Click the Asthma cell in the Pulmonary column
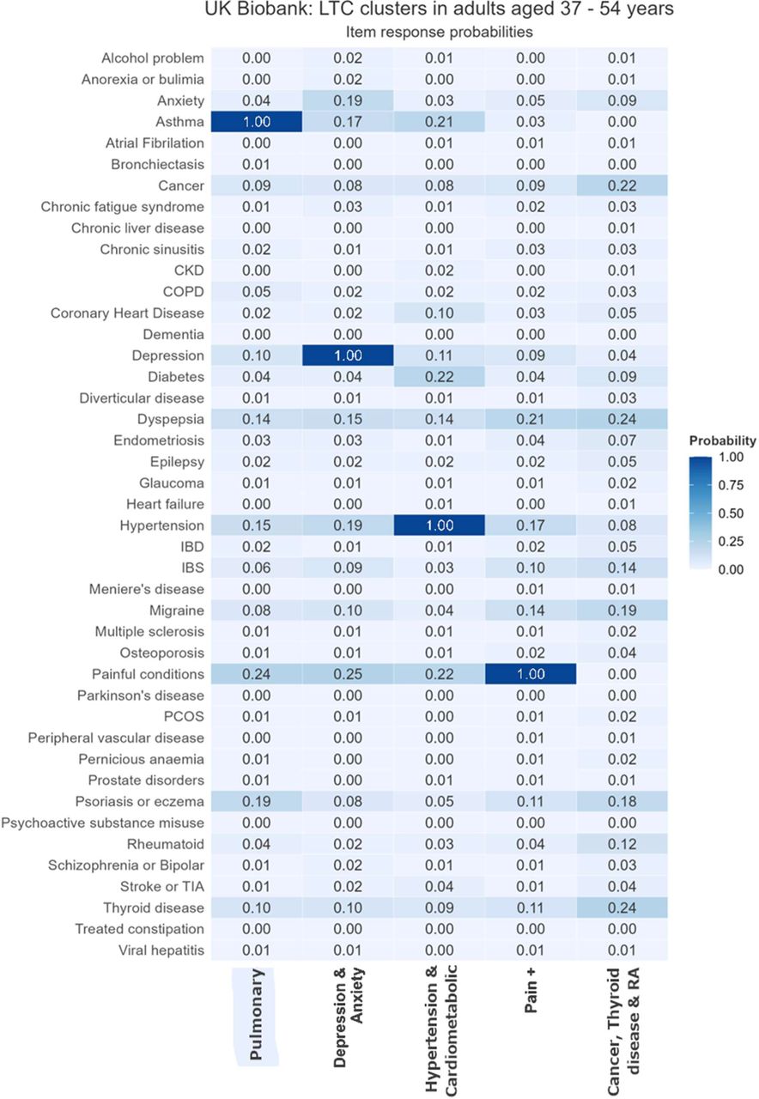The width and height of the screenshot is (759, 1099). point(256,122)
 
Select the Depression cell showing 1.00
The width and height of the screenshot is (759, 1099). point(348,355)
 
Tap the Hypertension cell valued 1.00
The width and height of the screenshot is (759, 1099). point(439,525)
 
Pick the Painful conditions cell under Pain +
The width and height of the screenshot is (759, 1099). point(531,674)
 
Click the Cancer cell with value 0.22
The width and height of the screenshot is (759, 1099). point(622,185)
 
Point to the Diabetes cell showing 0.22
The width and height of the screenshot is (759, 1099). point(439,377)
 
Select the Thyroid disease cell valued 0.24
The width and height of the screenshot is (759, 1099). point(622,908)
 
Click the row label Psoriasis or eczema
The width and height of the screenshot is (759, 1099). point(139,801)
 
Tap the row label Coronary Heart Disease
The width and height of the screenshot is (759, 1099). point(127,313)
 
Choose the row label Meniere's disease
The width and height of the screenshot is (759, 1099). point(146,589)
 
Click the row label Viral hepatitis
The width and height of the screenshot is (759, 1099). point(161,950)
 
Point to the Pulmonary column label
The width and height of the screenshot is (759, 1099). point(256,1014)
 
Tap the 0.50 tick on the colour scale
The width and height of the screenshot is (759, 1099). point(731,513)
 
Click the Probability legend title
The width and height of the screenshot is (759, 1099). point(722,440)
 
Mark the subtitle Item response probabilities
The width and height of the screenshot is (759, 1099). point(439,32)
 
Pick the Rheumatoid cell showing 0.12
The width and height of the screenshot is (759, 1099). point(622,844)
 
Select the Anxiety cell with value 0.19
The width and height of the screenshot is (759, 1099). point(348,100)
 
